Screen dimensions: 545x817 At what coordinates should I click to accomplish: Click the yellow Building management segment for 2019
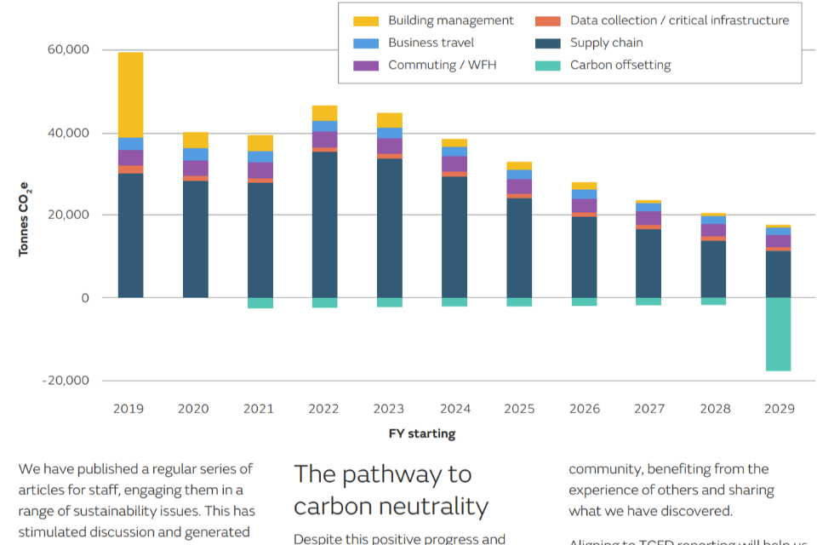pyautogui.click(x=130, y=95)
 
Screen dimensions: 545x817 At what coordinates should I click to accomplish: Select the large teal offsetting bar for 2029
pyautogui.click(x=779, y=334)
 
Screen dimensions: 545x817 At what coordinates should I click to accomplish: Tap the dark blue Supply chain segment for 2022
pyautogui.click(x=324, y=224)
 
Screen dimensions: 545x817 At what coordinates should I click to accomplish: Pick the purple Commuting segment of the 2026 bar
pyautogui.click(x=584, y=205)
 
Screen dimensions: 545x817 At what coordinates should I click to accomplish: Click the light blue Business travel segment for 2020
pyautogui.click(x=196, y=154)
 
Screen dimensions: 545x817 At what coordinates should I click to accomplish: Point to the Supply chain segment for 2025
pyautogui.click(x=519, y=247)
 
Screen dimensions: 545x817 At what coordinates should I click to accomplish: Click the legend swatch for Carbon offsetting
pyautogui.click(x=548, y=66)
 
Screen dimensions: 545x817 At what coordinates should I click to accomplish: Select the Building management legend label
pyautogui.click(x=450, y=20)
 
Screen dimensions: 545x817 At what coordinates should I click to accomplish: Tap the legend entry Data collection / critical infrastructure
pyautogui.click(x=679, y=20)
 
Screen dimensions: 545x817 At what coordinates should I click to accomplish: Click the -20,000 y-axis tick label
pyautogui.click(x=66, y=381)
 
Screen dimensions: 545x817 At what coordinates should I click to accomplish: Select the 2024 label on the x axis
pyautogui.click(x=454, y=409)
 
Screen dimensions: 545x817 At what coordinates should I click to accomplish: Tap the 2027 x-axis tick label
pyautogui.click(x=649, y=409)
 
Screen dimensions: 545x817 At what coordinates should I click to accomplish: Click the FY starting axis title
pyautogui.click(x=422, y=433)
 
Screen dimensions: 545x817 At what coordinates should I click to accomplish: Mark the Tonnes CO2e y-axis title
pyautogui.click(x=25, y=219)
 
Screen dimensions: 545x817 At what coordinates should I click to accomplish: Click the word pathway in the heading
pyautogui.click(x=399, y=474)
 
